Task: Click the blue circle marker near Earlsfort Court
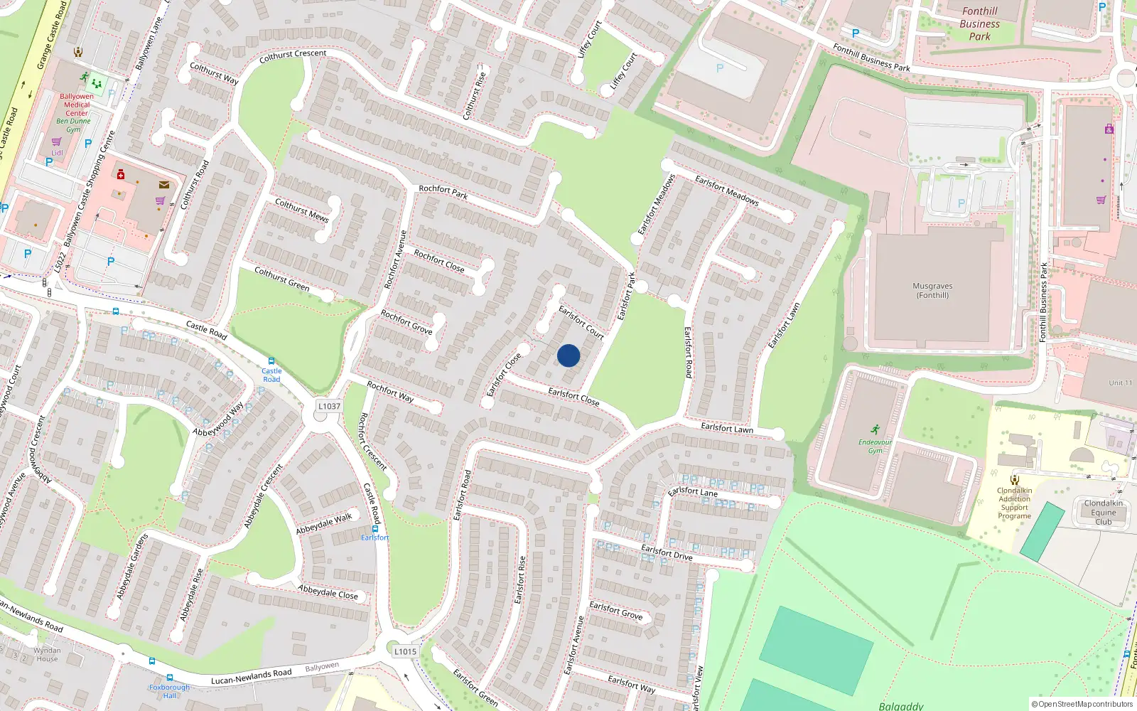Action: point(568,355)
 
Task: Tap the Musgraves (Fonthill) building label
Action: point(932,291)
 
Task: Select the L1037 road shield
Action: point(329,406)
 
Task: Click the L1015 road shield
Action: point(405,651)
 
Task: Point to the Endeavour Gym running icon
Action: point(875,429)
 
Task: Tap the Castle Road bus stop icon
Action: point(271,361)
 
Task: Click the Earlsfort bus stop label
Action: point(374,538)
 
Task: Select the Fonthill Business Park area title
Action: point(979,23)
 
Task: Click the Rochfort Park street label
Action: point(443,191)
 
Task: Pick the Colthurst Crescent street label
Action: point(293,55)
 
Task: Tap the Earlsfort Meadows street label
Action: point(726,191)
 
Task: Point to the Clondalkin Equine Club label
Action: point(1103,512)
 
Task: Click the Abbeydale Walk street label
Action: point(324,523)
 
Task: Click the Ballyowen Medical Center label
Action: point(77,105)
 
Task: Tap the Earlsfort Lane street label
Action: point(693,491)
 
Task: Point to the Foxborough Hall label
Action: point(169,691)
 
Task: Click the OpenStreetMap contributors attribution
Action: point(1082,704)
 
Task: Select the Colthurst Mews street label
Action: point(301,210)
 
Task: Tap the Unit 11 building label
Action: point(1120,383)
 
